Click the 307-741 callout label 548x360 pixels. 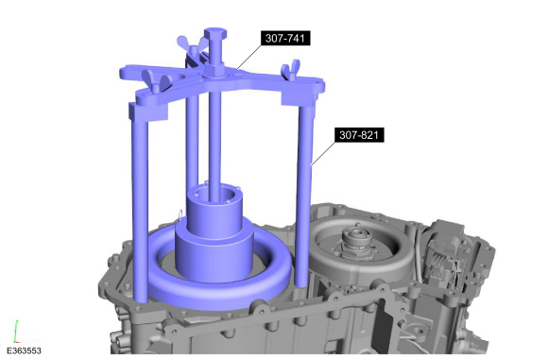[x=285, y=38]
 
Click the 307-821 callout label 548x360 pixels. [x=359, y=135]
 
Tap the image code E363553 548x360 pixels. [x=24, y=351]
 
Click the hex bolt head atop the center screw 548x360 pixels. [x=215, y=34]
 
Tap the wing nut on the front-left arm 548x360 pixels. [x=157, y=80]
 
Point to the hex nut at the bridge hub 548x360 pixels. [x=215, y=70]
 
